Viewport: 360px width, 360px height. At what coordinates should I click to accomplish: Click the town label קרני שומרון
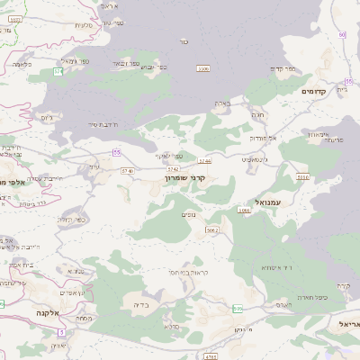pyautogui.click(x=185, y=178)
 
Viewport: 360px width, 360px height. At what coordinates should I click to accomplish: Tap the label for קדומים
pyautogui.click(x=318, y=91)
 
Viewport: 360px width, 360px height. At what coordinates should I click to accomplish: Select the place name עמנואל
pyautogui.click(x=268, y=202)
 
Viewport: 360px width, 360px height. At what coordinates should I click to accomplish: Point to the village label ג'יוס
pyautogui.click(x=47, y=117)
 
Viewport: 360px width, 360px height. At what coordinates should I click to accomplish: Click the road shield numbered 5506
pyautogui.click(x=303, y=178)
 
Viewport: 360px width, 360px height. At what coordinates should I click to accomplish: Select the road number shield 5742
pyautogui.click(x=173, y=168)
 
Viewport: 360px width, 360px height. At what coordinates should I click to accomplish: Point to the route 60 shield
pyautogui.click(x=342, y=34)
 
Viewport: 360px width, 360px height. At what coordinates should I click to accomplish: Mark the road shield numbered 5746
pyautogui.click(x=127, y=170)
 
